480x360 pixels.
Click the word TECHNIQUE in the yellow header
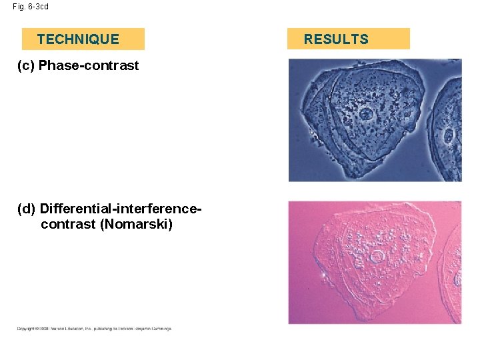pyautogui.click(x=78, y=39)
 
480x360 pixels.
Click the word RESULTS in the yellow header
pyautogui.click(x=336, y=39)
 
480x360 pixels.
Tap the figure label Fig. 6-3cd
pyautogui.click(x=31, y=7)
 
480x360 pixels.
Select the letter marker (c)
pyautogui.click(x=26, y=65)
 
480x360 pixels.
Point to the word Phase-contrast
pyautogui.click(x=89, y=65)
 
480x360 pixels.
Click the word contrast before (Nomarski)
pyautogui.click(x=68, y=224)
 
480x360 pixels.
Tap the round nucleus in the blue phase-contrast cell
pyautogui.click(x=366, y=113)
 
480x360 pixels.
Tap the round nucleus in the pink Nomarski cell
pyautogui.click(x=377, y=257)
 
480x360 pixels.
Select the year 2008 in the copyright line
pyautogui.click(x=44, y=329)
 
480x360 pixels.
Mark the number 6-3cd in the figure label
pyautogui.click(x=37, y=7)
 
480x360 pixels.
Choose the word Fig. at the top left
pyautogui.click(x=18, y=7)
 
